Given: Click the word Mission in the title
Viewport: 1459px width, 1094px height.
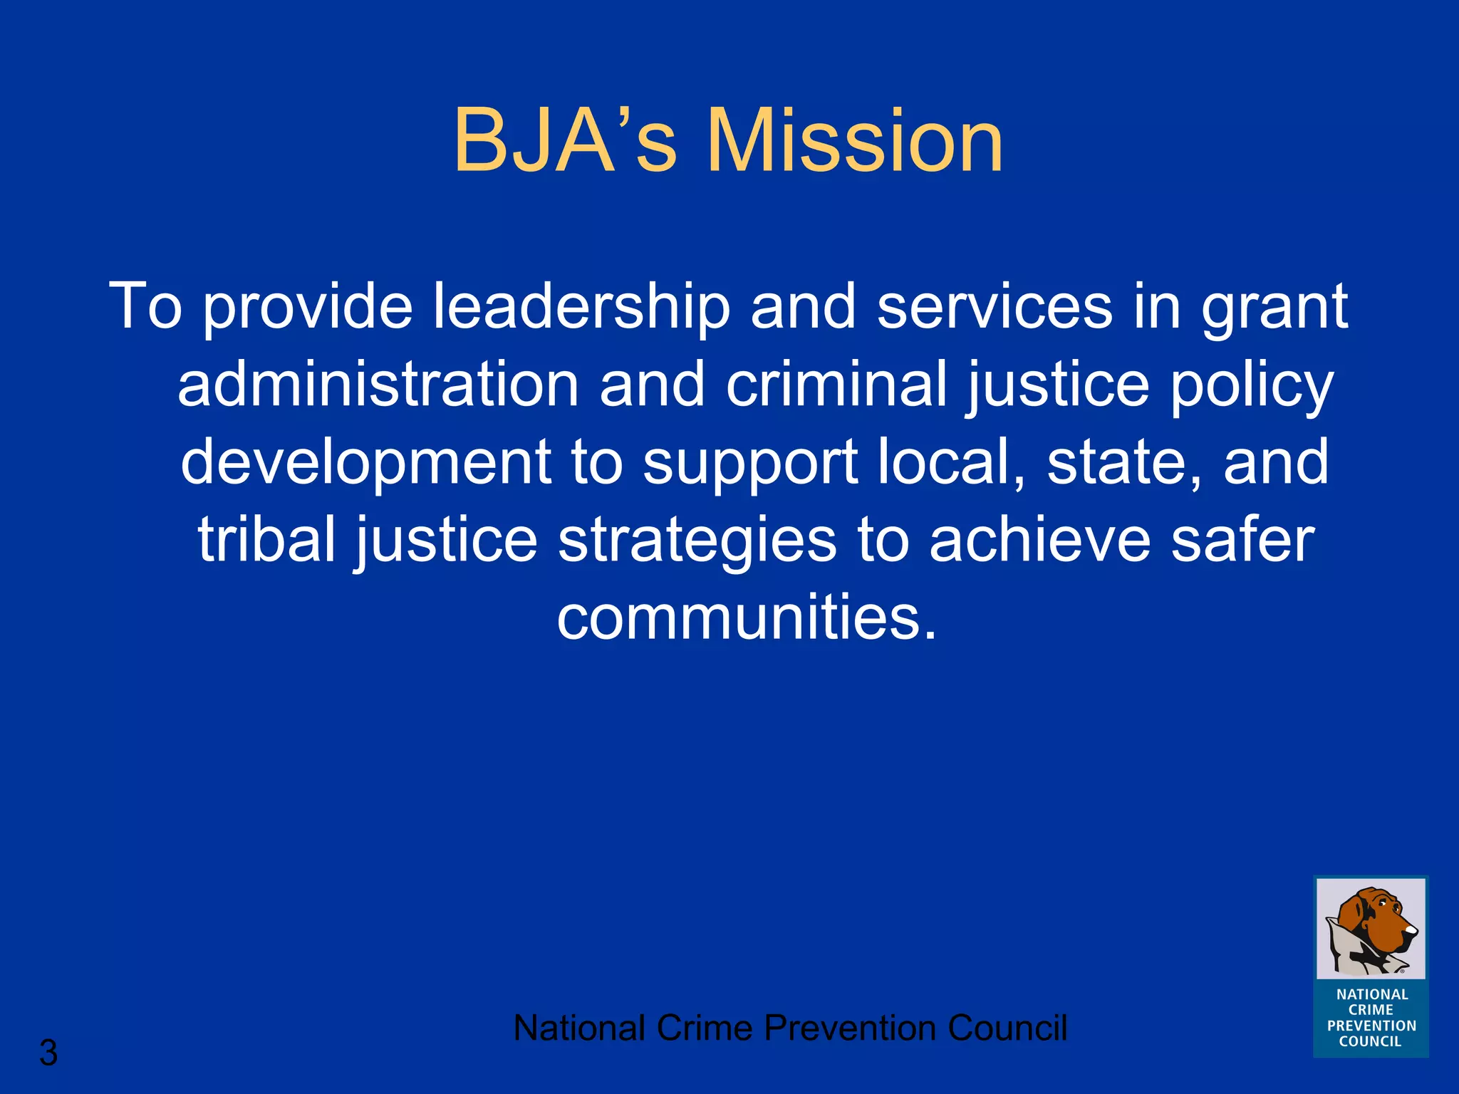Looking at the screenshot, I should tap(855, 140).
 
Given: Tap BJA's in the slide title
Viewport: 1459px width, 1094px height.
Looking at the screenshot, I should tap(564, 140).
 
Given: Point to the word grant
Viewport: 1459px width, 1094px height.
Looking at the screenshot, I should tap(1274, 308).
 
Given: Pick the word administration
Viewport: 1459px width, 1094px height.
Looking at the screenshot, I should tap(378, 385).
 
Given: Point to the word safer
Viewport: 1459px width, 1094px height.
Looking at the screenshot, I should tap(1242, 540).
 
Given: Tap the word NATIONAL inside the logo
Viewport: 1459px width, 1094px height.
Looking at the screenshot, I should tap(1372, 994).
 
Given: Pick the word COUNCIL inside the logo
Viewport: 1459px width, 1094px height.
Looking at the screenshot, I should tap(1370, 1041).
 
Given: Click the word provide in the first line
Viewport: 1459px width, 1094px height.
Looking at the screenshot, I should tap(307, 308).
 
